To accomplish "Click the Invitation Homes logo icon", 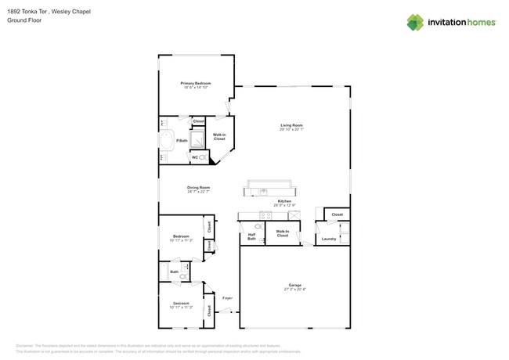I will click(x=416, y=22).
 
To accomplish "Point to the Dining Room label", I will click(x=199, y=188).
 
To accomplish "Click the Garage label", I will click(x=294, y=285).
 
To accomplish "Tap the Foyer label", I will click(x=228, y=298).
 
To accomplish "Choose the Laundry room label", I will click(x=329, y=239).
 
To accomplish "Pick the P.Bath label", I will click(x=181, y=141).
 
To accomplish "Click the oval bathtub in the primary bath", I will click(x=168, y=141).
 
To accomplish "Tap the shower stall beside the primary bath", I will click(x=199, y=139).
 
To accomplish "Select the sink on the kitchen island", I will click(x=266, y=191).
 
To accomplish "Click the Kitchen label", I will click(x=284, y=201).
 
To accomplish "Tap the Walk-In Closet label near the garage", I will click(x=282, y=233).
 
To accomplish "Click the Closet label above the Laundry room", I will click(x=337, y=214).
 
